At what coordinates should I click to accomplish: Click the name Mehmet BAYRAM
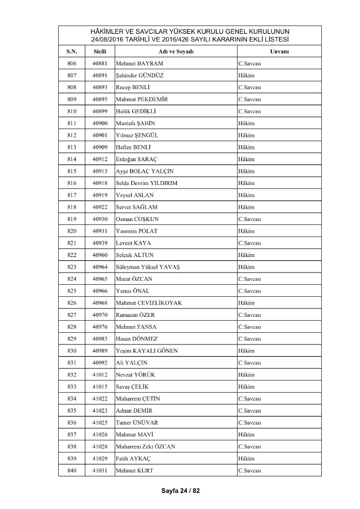pyautogui.click(x=139, y=63)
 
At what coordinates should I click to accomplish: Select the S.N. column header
pyautogui.click(x=71, y=51)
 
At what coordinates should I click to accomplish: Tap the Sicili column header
pyautogui.click(x=100, y=51)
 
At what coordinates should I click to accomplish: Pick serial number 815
pyautogui.click(x=71, y=171)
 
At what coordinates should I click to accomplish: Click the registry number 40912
pyautogui.click(x=100, y=159)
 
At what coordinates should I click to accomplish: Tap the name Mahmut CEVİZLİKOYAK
pyautogui.click(x=148, y=303)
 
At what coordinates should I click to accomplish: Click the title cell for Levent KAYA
pyautogui.click(x=249, y=243)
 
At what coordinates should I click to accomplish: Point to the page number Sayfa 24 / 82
pyautogui.click(x=180, y=491)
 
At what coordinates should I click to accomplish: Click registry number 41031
pyautogui.click(x=100, y=470)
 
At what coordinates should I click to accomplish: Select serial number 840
pyautogui.click(x=71, y=470)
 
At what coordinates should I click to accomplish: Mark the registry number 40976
pyautogui.click(x=100, y=327)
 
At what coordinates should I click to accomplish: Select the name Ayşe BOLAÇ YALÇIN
pyautogui.click(x=145, y=171)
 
